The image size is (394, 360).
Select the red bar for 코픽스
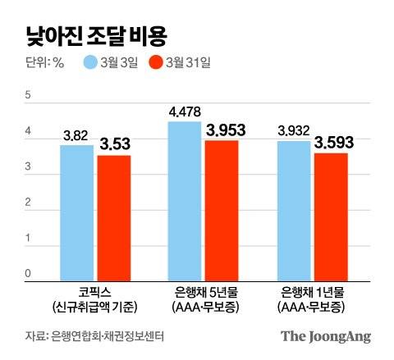coord(114,218)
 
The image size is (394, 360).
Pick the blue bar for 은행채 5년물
coord(184,202)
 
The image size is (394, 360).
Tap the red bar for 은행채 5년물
coord(221,211)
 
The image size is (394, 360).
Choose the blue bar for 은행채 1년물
coord(293,211)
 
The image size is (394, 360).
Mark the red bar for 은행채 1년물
coord(330,216)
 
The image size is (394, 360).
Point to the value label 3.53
coord(115,144)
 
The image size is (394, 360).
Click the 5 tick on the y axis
coord(27,96)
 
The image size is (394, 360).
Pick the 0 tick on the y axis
coord(27,274)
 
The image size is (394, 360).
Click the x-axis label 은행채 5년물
coord(203,293)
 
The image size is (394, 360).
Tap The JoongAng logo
coord(325,335)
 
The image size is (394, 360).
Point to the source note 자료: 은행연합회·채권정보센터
coord(90,335)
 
